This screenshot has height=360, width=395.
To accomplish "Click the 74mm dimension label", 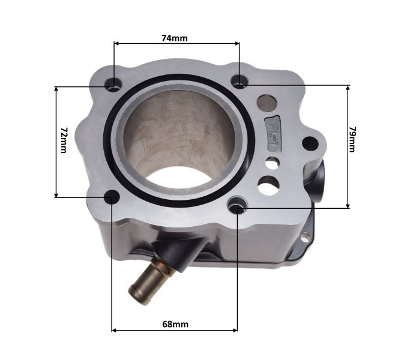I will coord(175,38).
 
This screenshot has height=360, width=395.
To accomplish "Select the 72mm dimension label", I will coord(64,140).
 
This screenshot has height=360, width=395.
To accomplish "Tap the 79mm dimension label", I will coord(352,139).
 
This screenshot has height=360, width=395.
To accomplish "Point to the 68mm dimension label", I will coord(175,324).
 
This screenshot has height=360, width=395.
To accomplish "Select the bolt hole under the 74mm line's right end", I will coord(240,80).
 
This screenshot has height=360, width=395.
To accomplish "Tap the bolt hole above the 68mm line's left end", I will coord(112,197).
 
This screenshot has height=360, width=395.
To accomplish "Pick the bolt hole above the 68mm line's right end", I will coord(238,207).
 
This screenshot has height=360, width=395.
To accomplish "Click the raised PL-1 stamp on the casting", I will coord(273,133).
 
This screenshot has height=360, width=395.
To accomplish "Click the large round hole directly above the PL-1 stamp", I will coord(267,102).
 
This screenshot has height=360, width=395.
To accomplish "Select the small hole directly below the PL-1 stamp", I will coord(272,162).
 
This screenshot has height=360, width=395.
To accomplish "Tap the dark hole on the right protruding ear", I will coord(309,143).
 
